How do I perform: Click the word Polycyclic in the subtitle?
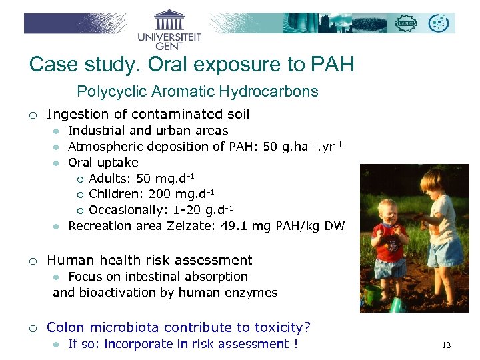click(x=108, y=91)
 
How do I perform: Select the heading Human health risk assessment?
click(x=149, y=260)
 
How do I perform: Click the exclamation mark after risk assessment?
click(x=295, y=344)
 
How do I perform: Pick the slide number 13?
click(x=446, y=345)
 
